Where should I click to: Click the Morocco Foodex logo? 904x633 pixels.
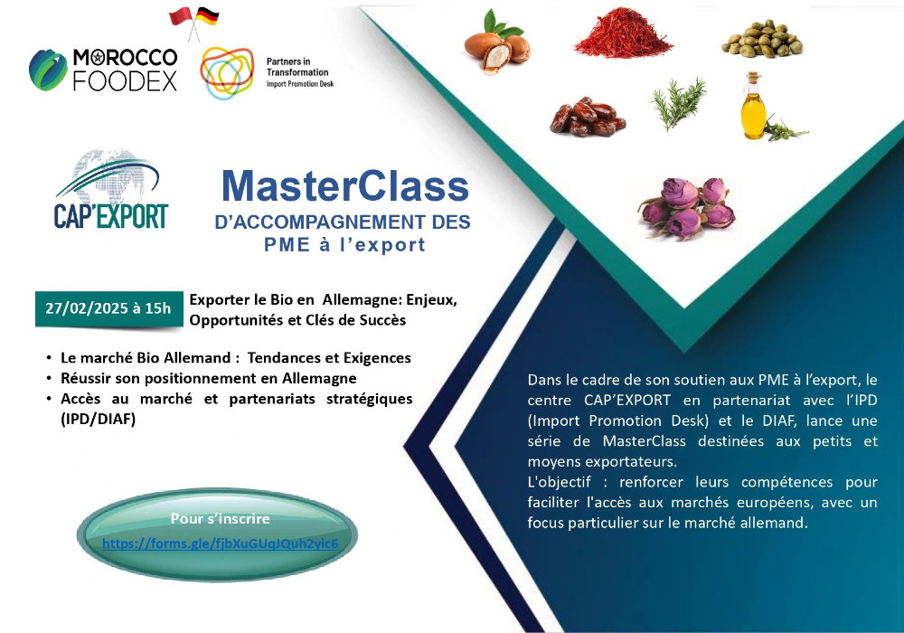(103, 71)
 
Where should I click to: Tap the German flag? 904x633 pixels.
(207, 16)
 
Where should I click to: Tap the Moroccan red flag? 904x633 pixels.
(180, 16)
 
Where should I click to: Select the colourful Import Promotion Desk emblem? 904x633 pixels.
(227, 72)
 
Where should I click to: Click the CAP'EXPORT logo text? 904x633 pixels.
(110, 216)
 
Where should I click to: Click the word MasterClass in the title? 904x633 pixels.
(345, 186)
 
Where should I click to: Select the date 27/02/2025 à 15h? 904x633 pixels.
(108, 308)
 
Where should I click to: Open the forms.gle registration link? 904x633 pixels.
(221, 543)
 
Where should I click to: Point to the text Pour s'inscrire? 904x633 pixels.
(221, 518)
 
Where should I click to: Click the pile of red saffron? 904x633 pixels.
(623, 33)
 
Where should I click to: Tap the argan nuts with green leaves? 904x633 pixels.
(496, 43)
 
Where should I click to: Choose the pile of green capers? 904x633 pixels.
(761, 39)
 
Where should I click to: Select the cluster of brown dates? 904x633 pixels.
(588, 117)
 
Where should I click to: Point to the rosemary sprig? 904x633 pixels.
(679, 103)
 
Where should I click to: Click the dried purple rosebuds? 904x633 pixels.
(687, 207)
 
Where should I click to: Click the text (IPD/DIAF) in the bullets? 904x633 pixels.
(98, 419)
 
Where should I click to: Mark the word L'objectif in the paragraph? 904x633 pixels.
(559, 482)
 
